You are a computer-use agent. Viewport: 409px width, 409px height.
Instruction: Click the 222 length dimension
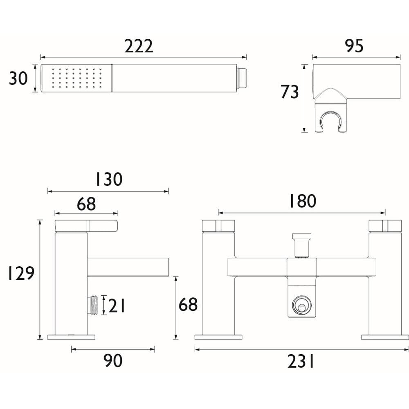pyautogui.click(x=139, y=46)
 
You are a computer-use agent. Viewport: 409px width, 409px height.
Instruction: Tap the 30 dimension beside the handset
pyautogui.click(x=18, y=78)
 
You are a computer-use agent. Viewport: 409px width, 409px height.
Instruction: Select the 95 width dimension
pyautogui.click(x=354, y=46)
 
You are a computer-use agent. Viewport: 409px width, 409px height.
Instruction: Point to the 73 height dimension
pyautogui.click(x=290, y=92)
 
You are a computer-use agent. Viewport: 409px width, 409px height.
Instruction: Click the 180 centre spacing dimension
pyautogui.click(x=302, y=201)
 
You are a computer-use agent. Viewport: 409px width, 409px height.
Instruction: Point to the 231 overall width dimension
pyautogui.click(x=301, y=361)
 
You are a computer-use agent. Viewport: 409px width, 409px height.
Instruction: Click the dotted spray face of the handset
pyautogui.click(x=76, y=78)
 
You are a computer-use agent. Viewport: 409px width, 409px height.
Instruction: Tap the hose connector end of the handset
pyautogui.click(x=243, y=78)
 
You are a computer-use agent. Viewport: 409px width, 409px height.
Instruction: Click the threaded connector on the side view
pyautogui.click(x=93, y=305)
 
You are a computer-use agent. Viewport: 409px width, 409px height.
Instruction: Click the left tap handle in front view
pyautogui.click(x=218, y=226)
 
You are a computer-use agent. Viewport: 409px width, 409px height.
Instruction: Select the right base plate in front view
pyautogui.click(x=384, y=337)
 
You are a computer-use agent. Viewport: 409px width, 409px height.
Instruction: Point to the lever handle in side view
pyautogui.click(x=86, y=226)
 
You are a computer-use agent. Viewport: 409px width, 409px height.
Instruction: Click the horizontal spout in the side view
pyautogui.click(x=128, y=267)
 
